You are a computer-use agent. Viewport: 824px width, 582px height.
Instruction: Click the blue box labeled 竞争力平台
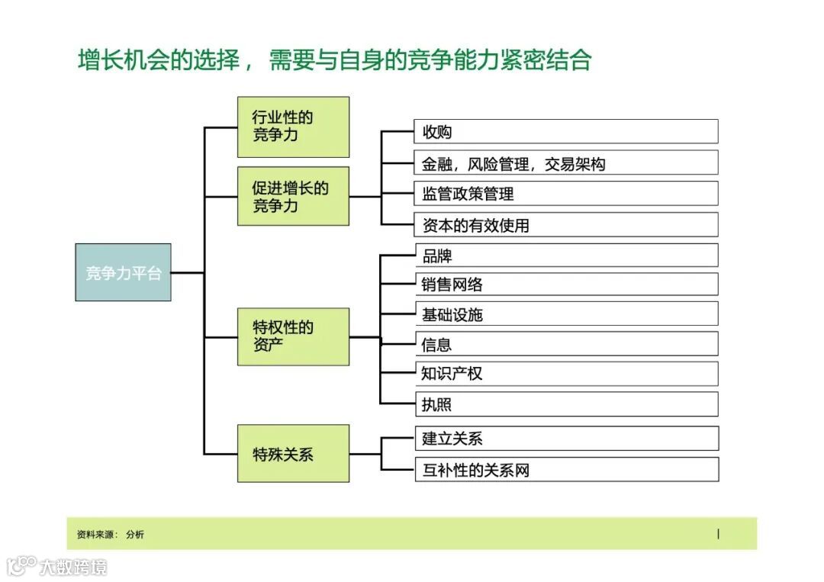tap(123, 272)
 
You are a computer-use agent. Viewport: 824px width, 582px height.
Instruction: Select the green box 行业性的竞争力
tap(293, 127)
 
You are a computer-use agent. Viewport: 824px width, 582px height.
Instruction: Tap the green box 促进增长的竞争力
tap(293, 196)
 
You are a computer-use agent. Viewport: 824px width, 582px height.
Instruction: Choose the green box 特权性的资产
tap(293, 336)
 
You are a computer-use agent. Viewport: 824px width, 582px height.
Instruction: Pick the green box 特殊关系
tap(293, 453)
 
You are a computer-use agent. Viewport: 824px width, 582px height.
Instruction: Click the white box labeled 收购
tap(565, 131)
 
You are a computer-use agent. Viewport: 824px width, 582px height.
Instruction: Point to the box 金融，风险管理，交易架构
tap(565, 162)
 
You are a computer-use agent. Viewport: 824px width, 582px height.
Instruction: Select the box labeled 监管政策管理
tap(565, 194)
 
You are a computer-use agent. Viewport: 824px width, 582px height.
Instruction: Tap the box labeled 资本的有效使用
tap(565, 225)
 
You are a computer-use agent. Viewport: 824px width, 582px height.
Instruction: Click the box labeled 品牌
tap(565, 256)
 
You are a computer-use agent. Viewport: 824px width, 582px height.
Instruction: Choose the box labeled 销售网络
tap(565, 285)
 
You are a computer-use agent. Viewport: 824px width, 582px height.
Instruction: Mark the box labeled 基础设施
tap(565, 314)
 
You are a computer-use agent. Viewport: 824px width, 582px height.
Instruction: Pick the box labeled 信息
tap(565, 344)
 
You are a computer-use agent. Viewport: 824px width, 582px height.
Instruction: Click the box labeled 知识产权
tap(565, 374)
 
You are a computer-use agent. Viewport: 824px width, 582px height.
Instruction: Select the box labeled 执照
tap(565, 404)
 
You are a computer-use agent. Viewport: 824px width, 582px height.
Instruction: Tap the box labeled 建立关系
tap(565, 439)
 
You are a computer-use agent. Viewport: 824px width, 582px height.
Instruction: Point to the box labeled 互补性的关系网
tap(565, 469)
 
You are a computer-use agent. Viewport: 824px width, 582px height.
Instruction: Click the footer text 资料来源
tap(97, 535)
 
